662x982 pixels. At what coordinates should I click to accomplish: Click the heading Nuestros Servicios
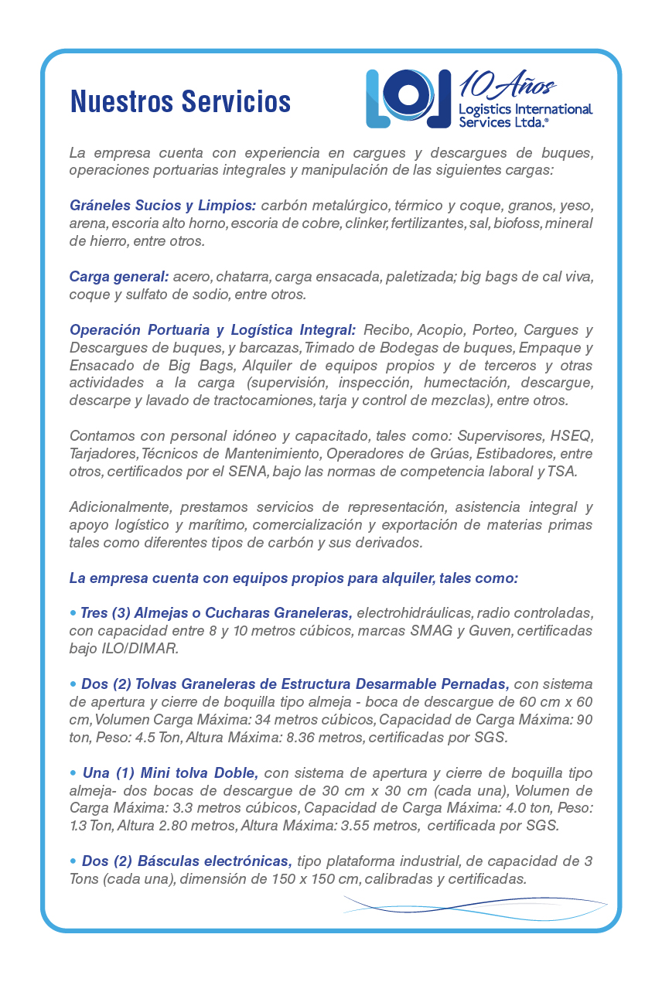pos(180,101)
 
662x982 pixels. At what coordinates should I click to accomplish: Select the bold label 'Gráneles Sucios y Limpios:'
pos(162,206)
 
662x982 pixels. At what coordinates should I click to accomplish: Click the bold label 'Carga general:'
pos(118,277)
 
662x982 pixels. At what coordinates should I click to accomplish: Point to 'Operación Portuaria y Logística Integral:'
pos(213,330)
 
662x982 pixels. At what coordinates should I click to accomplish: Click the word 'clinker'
pos(367,224)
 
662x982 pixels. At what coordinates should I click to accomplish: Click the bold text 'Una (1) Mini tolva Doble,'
pos(169,772)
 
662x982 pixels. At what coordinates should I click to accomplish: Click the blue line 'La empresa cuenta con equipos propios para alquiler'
pos(293,578)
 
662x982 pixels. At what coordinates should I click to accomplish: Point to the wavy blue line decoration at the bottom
pos(475,905)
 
